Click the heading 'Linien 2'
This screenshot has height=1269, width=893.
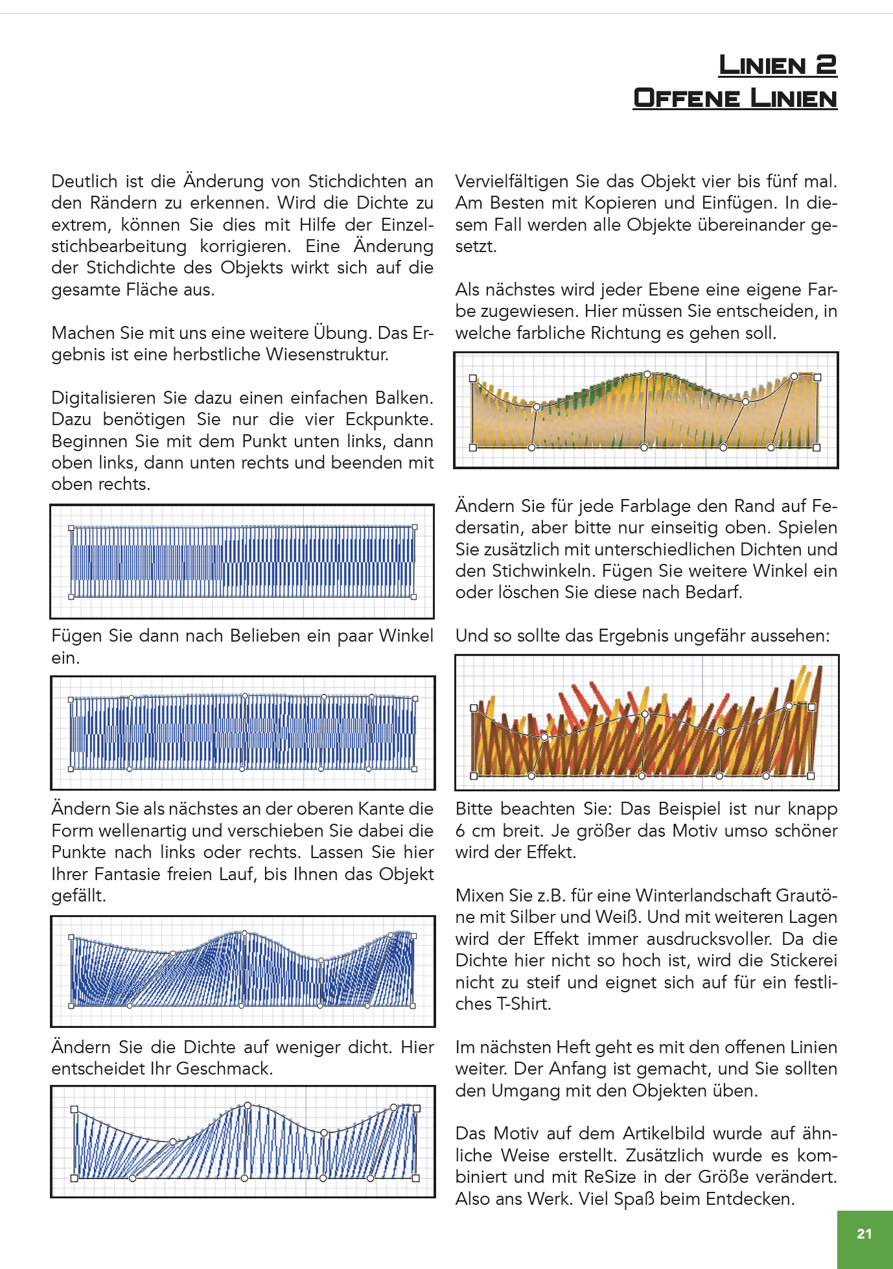[778, 65]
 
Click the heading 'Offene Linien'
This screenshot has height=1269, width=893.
[735, 99]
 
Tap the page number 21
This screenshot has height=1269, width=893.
[864, 1234]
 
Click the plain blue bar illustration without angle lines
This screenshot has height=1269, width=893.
[242, 561]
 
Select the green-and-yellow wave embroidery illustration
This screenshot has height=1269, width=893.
[645, 410]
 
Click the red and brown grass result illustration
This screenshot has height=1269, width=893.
[646, 723]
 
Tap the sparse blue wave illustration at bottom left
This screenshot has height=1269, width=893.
[242, 1141]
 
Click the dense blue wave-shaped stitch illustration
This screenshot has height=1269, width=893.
[242, 971]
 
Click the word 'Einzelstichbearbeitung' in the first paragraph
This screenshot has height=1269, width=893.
[119, 246]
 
